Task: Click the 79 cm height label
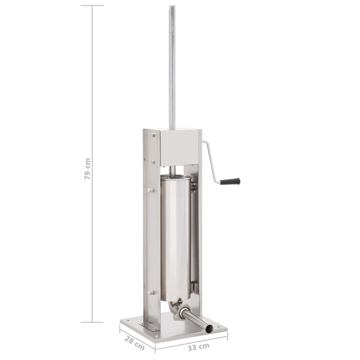coord(88,169)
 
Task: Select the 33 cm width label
coord(199,347)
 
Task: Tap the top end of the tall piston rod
coord(172,7)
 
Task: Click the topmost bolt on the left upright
coord(154,135)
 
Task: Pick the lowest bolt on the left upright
coord(151,292)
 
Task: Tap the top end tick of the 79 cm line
coord(92,6)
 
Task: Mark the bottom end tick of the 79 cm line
coord(92,322)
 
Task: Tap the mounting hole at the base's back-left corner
coord(127,320)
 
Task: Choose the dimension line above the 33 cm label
coord(192,341)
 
